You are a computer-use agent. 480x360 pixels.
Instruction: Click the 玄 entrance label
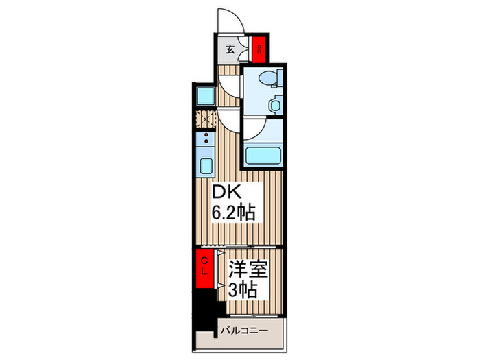pos(230,49)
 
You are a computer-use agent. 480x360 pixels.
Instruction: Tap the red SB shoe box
pos(259,48)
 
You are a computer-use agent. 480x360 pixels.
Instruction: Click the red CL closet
pos(204,265)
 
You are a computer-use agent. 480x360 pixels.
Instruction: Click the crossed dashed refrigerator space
pos(204,118)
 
